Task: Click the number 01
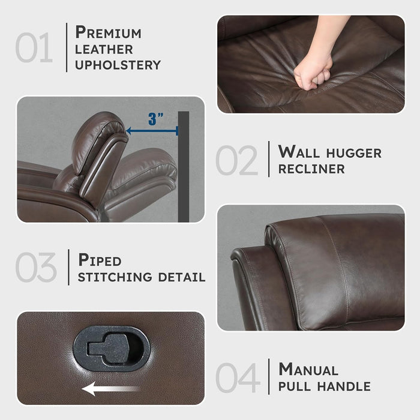[34, 48]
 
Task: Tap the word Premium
[109, 32]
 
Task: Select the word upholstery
[118, 64]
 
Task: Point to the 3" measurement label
[156, 119]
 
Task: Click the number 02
[237, 160]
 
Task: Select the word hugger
[353, 152]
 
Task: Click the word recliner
[311, 169]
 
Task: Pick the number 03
[36, 268]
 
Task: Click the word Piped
[100, 260]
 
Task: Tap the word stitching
[115, 277]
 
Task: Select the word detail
[181, 277]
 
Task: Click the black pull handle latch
[111, 349]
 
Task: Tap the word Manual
[308, 369]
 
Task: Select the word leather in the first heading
[104, 49]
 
